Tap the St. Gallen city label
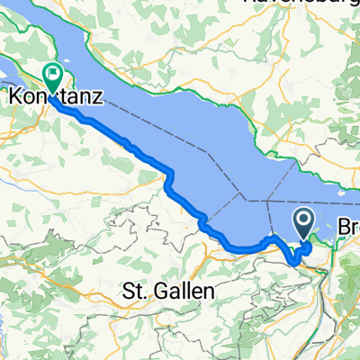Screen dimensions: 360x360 168,291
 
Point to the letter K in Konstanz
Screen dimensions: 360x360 13,94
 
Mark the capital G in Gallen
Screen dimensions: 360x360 159,291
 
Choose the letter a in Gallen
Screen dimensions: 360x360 172,291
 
